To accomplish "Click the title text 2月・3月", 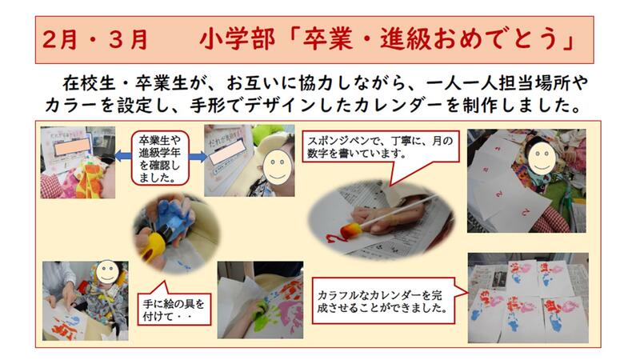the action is [94, 40].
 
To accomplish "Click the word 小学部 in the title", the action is [237, 40].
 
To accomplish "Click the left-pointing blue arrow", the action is [123, 156].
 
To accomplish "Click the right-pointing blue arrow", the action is [198, 156].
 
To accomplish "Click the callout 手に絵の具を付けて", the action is [174, 306].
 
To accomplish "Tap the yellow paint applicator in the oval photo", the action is [152, 244].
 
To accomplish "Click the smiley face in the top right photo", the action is [542, 157].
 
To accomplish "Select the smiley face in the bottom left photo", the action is [108, 271].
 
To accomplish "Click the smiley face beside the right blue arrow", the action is [277, 167].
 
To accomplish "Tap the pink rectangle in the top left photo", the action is [73, 146].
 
